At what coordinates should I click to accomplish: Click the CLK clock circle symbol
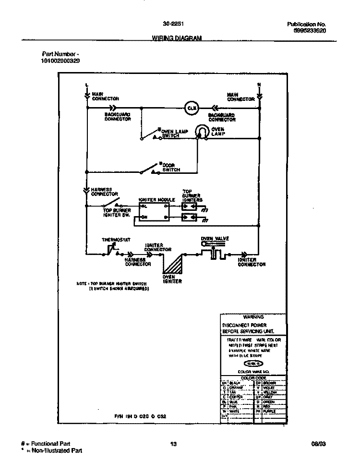(190, 108)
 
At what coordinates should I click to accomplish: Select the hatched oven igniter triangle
(174, 264)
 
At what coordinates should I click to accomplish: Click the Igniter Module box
(154, 212)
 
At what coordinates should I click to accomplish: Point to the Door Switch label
(171, 168)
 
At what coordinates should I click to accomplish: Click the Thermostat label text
(116, 240)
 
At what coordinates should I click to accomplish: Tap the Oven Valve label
(215, 238)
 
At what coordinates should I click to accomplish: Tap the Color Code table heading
(254, 378)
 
